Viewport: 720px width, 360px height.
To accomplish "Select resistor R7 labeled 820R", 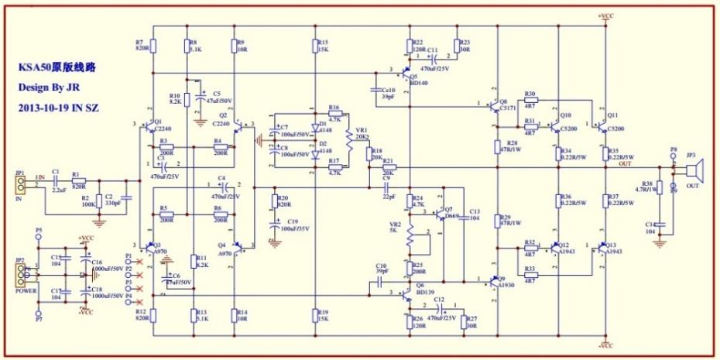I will (153, 46).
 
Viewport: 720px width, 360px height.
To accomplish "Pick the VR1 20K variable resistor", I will (349, 136).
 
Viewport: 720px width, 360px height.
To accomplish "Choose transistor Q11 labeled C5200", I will (603, 122).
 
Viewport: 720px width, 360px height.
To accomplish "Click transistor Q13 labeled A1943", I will (603, 248).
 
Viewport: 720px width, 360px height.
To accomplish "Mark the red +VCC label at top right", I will (606, 15).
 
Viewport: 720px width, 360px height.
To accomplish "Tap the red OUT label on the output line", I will (625, 164).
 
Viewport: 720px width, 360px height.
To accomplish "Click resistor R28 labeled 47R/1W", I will (497, 148).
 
